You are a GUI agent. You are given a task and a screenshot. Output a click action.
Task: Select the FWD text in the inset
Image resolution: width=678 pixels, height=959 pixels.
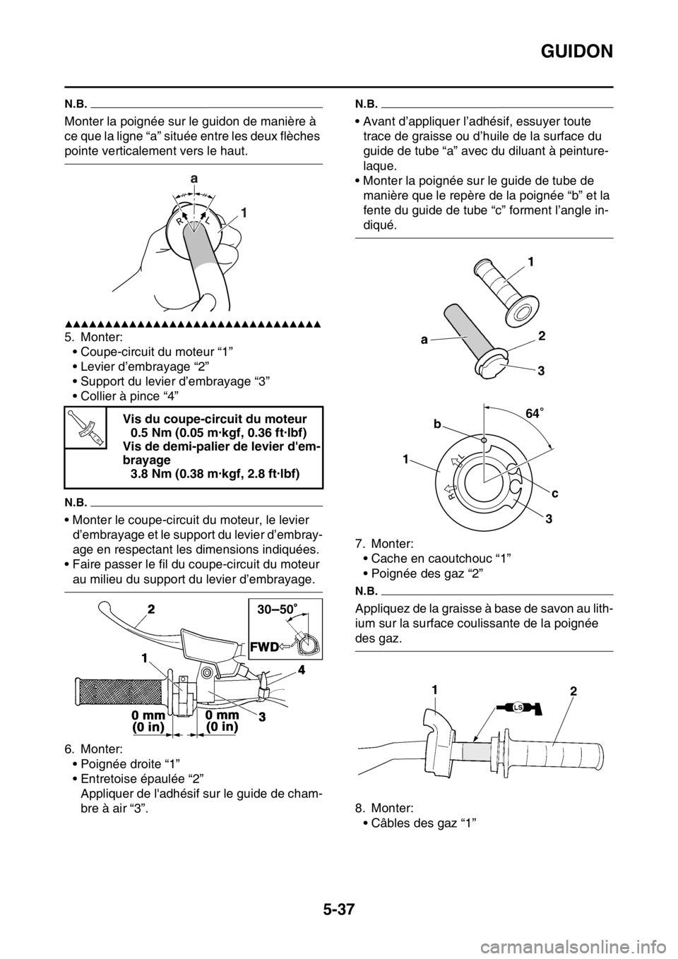266,645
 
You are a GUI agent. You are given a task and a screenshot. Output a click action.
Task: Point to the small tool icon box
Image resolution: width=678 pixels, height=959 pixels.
85,427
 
